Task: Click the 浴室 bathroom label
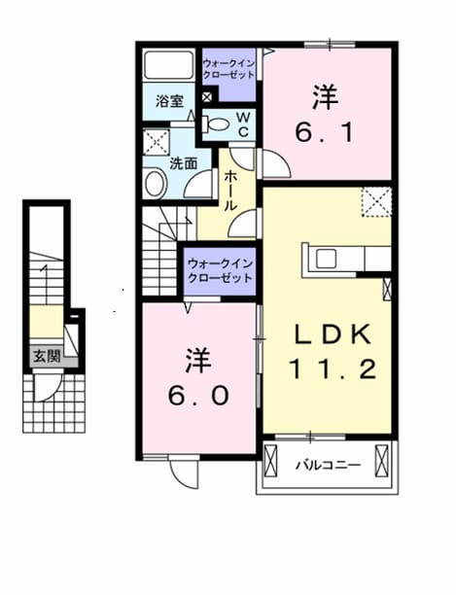coord(169,101)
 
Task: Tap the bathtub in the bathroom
coord(169,65)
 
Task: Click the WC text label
coord(243,124)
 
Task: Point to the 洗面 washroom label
coord(183,163)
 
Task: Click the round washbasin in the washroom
coord(155,184)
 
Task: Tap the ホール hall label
coord(231,191)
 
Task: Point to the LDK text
coord(333,334)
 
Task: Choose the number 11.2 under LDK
coord(333,369)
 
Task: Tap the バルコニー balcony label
coord(329,465)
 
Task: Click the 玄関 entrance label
coord(47,356)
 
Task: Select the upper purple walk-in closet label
coord(228,69)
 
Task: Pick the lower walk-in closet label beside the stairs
coord(220,271)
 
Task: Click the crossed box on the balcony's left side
coord(270,460)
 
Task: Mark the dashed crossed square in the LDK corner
coord(376,202)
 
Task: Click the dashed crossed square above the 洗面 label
coord(157,142)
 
